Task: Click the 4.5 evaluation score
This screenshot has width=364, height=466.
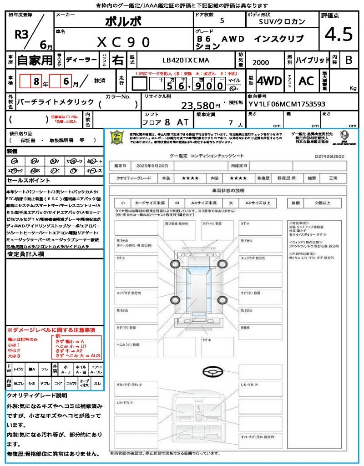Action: pos(339,35)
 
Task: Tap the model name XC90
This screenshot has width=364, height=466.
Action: pos(124,42)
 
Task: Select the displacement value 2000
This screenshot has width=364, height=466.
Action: pos(261,63)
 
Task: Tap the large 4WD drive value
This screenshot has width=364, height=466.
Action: pos(269,81)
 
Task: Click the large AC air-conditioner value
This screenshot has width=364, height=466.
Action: pos(306,81)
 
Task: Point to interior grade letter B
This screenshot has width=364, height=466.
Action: pos(349,60)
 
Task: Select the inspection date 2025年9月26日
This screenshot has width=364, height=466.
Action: pos(155,166)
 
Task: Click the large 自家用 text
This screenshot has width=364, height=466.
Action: pos(35,60)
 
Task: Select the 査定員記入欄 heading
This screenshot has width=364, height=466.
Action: pos(26,254)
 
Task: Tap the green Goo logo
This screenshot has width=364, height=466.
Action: pos(118,137)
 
